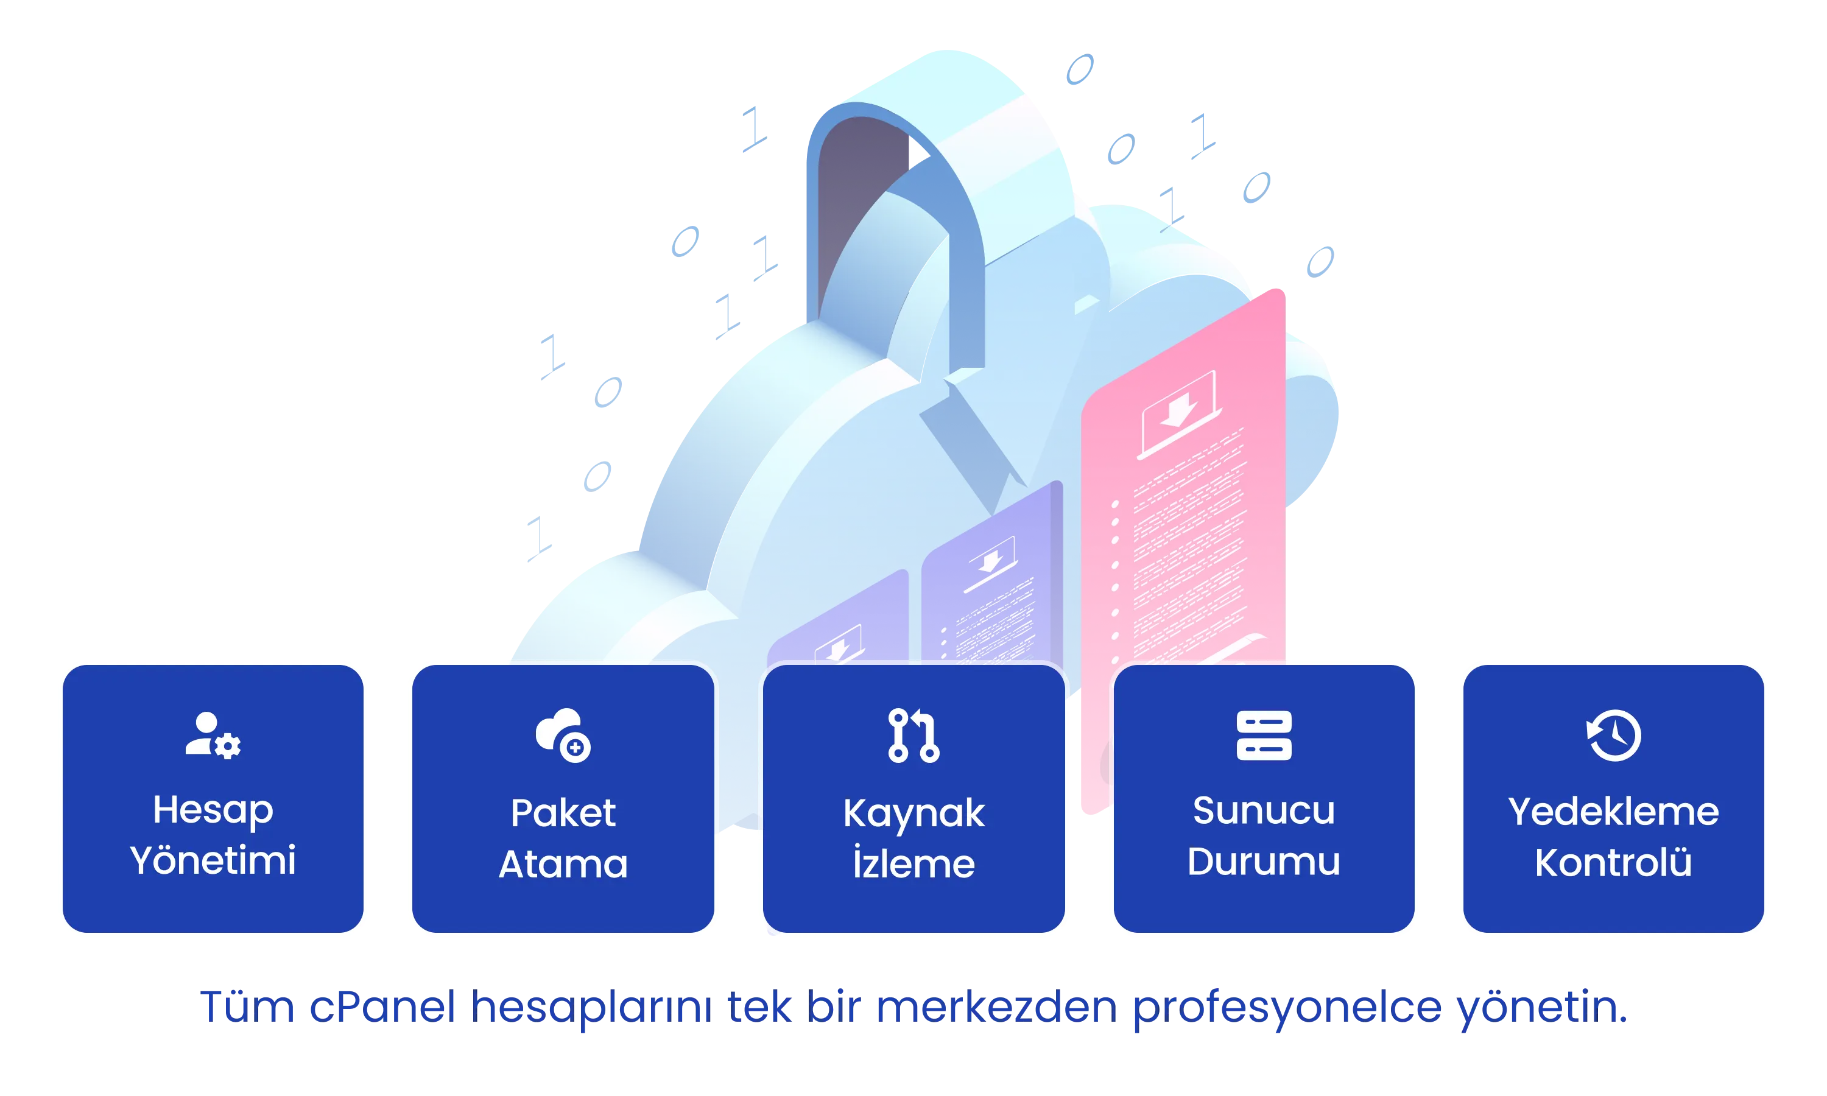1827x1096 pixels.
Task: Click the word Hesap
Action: point(213,811)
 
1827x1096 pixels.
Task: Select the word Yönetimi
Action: point(213,860)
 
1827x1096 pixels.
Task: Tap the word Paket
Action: point(563,813)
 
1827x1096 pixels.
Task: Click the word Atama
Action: point(563,864)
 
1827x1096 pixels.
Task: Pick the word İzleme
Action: point(913,862)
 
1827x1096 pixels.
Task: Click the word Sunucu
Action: point(1264,810)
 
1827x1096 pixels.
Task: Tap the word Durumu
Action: point(1264,861)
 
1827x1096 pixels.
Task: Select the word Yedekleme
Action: point(1614,811)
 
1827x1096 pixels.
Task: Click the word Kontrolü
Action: point(1614,861)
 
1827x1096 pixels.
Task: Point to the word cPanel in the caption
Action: point(382,1006)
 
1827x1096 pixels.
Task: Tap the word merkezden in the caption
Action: point(996,1006)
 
